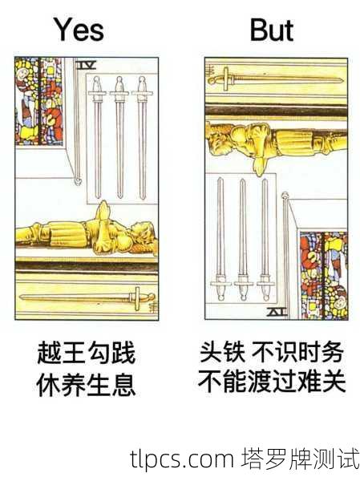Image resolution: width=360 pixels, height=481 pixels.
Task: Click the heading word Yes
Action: click(79, 30)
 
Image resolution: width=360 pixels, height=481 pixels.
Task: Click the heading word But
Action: click(272, 30)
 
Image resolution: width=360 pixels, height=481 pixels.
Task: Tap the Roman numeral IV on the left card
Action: click(87, 63)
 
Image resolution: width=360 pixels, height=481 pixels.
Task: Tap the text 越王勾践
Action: click(86, 353)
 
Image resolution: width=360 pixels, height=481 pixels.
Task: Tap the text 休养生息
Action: click(86, 386)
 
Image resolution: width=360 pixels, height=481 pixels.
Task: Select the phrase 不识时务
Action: click(298, 352)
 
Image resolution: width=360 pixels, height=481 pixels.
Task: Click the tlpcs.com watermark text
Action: click(180, 459)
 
